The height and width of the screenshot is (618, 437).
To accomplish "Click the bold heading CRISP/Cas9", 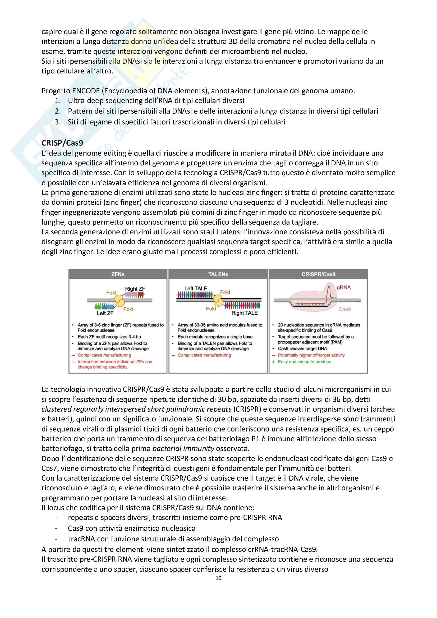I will [62, 143].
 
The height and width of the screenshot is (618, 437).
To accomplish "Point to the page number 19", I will [218, 578].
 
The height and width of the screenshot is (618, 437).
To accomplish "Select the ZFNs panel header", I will [118, 274].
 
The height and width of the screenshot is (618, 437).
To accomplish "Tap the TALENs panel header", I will [218, 274].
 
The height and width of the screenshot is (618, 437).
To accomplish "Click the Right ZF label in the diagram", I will [135, 289].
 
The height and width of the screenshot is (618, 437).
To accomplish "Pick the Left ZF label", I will [105, 313].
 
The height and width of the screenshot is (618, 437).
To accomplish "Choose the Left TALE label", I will [196, 289].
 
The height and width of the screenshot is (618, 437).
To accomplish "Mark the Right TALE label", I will [245, 313].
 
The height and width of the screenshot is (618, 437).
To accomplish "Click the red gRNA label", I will [344, 287].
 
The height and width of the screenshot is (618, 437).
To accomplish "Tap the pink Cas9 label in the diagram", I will [345, 309].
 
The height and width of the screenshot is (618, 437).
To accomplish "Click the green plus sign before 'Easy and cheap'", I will [274, 362].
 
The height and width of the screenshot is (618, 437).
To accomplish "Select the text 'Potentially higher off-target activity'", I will [311, 355].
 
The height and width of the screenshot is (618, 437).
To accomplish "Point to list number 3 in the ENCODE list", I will [58, 122].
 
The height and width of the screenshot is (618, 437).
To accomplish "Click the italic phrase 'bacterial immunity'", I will [183, 449].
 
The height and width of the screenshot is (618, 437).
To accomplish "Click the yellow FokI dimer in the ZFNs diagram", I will [119, 301].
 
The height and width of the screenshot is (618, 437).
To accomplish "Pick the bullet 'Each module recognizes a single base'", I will [215, 337].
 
